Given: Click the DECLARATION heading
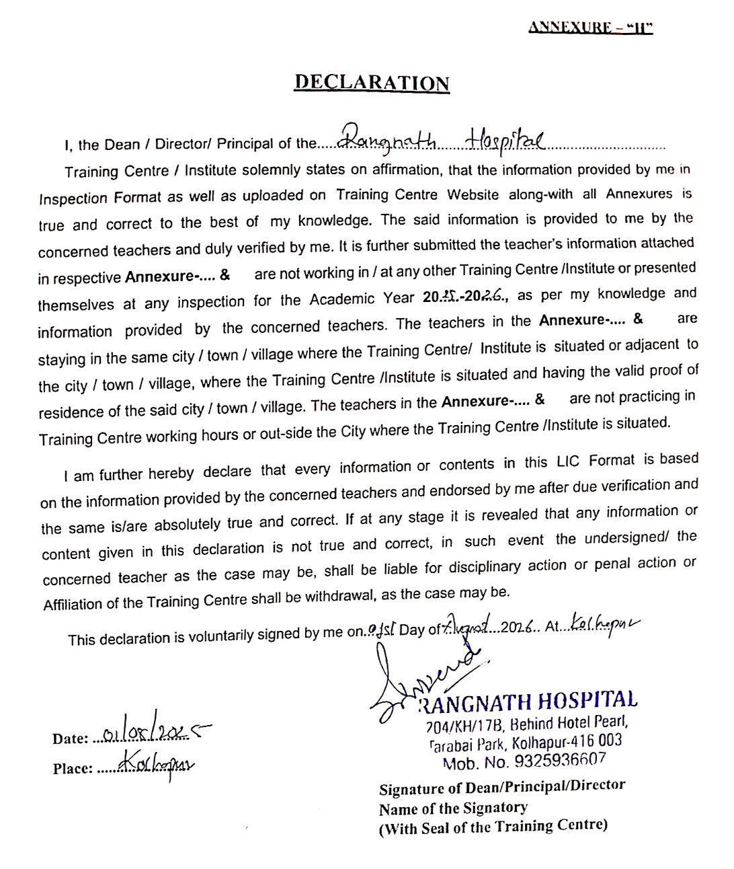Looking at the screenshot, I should pos(372,83).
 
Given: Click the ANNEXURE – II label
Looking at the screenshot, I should pos(590,28).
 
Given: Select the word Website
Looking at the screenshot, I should pos(473,195).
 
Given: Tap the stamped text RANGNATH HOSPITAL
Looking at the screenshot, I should pos(528,702).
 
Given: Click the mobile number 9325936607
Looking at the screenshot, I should pos(560,761).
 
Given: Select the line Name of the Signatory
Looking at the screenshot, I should pos(453,808).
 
